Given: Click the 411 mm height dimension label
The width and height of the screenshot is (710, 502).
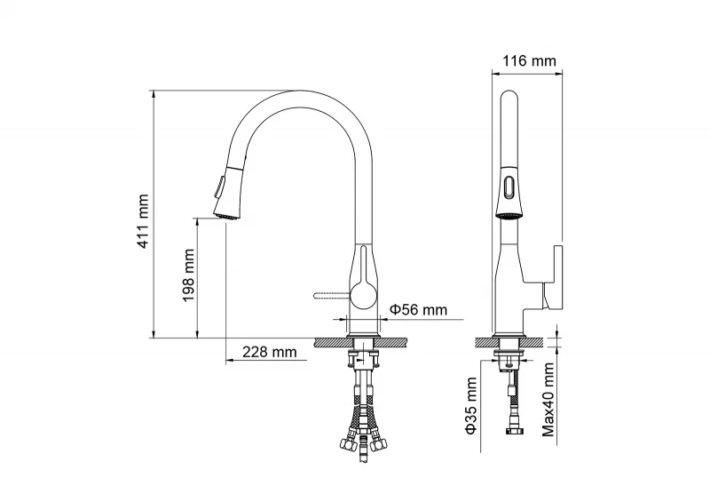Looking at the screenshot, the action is tap(143, 221).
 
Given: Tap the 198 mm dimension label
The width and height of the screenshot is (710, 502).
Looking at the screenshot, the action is tap(188, 275).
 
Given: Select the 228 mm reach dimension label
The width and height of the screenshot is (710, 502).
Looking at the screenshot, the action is tap(270, 352).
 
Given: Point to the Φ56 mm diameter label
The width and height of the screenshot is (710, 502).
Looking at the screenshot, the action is tap(418, 310).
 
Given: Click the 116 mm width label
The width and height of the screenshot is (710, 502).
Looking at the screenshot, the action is tap(529, 60).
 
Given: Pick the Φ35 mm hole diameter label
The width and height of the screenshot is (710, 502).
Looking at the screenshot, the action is tap(471, 405).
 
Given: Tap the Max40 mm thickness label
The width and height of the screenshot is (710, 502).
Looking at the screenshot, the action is tap(548, 399).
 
